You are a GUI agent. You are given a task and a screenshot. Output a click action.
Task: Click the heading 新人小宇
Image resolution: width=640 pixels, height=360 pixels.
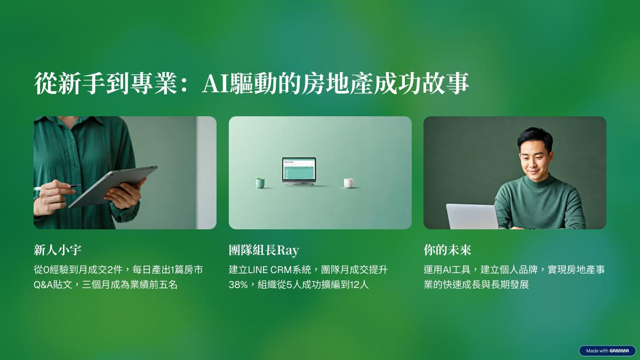point(58,250)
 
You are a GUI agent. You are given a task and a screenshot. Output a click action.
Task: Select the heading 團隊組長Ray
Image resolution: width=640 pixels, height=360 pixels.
point(263,250)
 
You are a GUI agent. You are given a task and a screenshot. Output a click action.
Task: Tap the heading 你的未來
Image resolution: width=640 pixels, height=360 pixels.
point(447,250)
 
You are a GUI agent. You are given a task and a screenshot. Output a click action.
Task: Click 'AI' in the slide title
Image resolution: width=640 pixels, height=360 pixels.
point(215,83)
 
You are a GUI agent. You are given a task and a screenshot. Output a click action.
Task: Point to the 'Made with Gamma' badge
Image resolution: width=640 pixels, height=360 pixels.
point(607,350)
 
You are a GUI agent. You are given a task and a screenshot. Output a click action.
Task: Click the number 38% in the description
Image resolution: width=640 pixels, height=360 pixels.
point(238,285)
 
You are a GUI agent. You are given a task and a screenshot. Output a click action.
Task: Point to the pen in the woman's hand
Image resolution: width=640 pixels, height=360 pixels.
point(57,187)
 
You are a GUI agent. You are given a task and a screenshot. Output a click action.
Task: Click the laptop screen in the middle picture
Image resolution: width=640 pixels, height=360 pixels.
point(299,169)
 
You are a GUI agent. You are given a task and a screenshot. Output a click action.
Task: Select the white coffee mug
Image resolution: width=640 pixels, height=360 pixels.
point(349,183)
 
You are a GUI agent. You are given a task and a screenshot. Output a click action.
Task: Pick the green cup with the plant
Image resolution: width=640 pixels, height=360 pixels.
point(260,182)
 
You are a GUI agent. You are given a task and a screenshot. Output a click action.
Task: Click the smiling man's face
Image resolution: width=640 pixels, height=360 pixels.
point(534,162)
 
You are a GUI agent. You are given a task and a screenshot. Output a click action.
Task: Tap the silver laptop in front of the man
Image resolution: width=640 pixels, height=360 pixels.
point(473,217)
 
